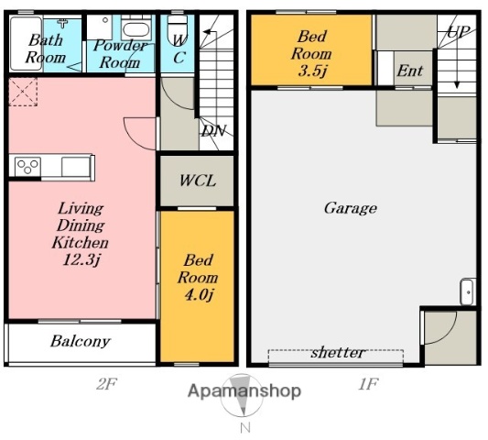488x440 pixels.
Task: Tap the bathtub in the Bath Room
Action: point(26,43)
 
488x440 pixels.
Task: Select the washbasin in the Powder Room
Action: point(136,28)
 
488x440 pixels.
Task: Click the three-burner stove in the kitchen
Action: point(27,167)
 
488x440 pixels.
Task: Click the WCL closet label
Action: point(198,181)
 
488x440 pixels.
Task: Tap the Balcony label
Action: point(81,341)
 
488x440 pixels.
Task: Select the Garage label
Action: point(351,208)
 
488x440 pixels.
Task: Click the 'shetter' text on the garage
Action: point(338,352)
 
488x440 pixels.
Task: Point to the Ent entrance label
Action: point(410,71)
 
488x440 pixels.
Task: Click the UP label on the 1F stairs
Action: point(458,31)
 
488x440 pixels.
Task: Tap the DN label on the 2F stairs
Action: point(213,131)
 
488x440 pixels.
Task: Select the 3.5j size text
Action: point(312,71)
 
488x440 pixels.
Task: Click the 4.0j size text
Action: point(199,295)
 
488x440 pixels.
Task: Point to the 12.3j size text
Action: point(81,259)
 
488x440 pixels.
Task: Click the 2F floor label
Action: point(106,384)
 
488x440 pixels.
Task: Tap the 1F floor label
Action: point(368,384)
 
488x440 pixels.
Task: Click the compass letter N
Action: point(245,428)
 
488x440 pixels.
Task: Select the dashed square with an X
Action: point(23,92)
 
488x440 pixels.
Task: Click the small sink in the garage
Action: point(468,291)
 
